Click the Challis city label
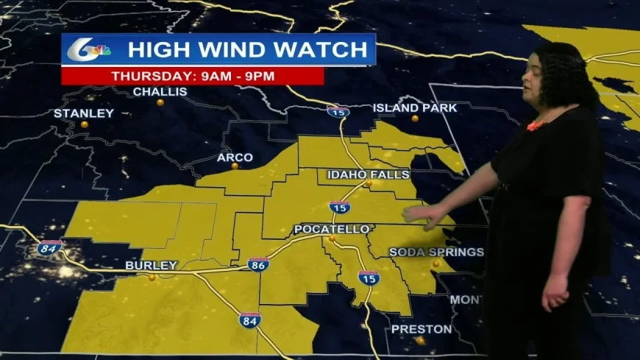tap(160, 92)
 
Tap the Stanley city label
tap(84, 113)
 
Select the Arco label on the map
tap(235, 158)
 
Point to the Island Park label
tap(415, 107)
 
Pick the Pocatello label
tap(332, 230)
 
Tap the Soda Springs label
tap(436, 252)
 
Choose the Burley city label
tap(151, 265)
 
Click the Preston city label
tap(420, 329)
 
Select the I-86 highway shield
tap(257, 264)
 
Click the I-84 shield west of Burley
tap(49, 247)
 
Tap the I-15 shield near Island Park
tap(339, 112)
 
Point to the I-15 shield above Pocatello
tap(339, 207)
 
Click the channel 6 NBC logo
tap(89, 49)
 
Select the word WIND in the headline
tap(224, 50)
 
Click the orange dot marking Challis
tap(160, 102)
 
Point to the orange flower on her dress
tap(535, 126)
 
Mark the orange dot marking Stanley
tap(85, 124)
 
